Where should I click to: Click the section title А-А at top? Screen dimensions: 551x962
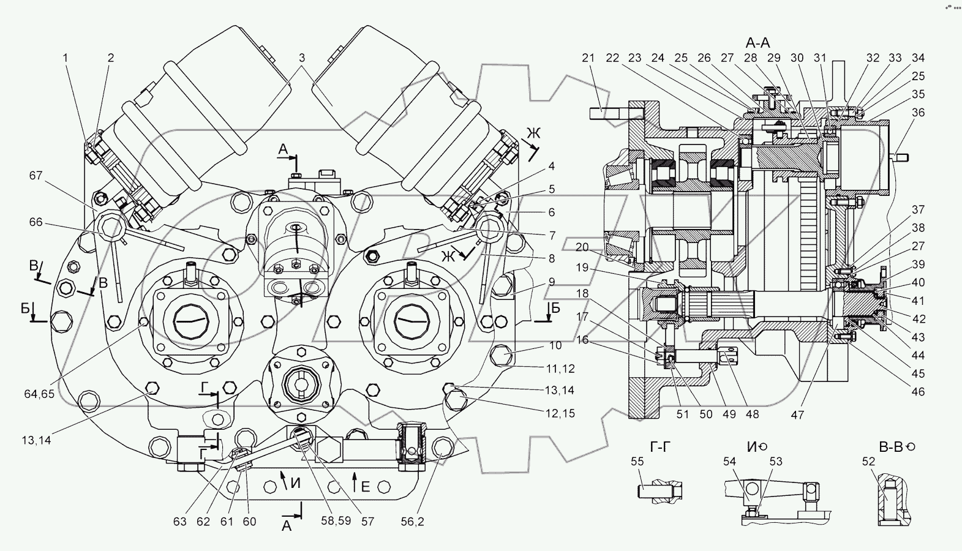pos(757,42)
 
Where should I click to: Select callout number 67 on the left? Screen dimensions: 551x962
pos(36,176)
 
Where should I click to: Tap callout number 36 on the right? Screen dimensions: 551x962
pos(917,113)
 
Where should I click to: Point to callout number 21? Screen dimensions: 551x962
pos(588,58)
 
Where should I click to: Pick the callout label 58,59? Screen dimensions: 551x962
pos(337,522)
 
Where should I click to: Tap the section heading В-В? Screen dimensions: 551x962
pos(891,447)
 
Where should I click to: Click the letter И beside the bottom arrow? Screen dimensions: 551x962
pos(295,484)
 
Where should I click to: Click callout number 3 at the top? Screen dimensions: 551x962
pos(302,58)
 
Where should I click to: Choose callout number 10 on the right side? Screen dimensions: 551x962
pos(555,346)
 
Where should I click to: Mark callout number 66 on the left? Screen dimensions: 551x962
pos(36,222)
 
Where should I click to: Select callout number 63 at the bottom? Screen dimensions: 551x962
pos(179,522)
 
